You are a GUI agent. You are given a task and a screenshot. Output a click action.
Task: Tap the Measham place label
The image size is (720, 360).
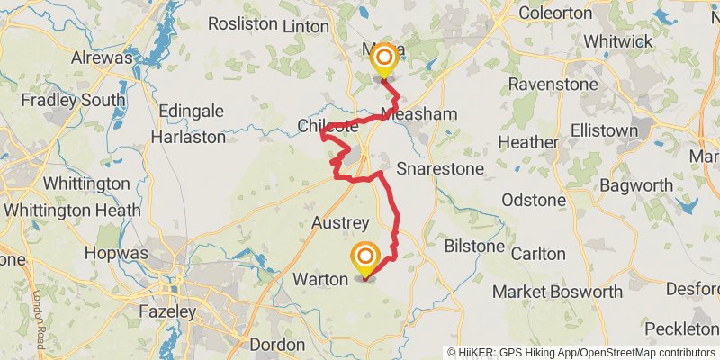pos(419,114)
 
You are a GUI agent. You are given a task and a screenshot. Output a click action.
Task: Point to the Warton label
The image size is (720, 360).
pos(320,280)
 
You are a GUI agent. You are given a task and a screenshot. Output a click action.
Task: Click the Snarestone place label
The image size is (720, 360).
pos(440,168)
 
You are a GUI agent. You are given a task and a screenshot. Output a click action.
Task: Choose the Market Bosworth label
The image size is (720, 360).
pos(558,292)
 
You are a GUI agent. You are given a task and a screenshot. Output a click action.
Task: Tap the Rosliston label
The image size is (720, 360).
pos(242,24)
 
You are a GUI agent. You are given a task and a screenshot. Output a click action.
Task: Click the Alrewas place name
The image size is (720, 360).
pos(103,58)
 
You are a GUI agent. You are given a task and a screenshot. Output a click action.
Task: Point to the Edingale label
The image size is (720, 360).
pos(191,111)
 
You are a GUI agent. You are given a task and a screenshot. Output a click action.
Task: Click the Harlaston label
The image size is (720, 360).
pos(188,138)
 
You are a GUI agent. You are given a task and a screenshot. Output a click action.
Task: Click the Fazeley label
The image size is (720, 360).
pos(167,312)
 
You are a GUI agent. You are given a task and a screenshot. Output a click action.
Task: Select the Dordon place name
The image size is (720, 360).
pos(276,345)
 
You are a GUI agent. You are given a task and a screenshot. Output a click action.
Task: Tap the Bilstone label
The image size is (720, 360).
pos(474,246)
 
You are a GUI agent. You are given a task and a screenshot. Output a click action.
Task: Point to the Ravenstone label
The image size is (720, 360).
pos(550,84)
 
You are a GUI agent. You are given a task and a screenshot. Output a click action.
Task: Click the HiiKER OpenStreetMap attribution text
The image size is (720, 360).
pos(581,353)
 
